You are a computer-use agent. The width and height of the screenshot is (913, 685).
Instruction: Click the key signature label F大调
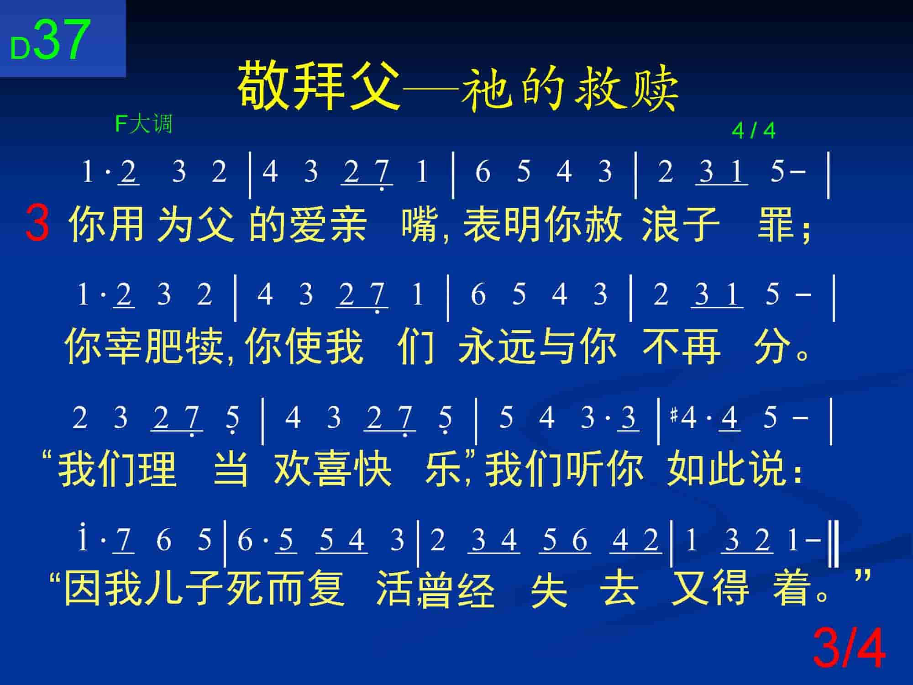(x=143, y=124)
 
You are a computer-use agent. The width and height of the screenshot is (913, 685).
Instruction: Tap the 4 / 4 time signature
(x=753, y=131)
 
